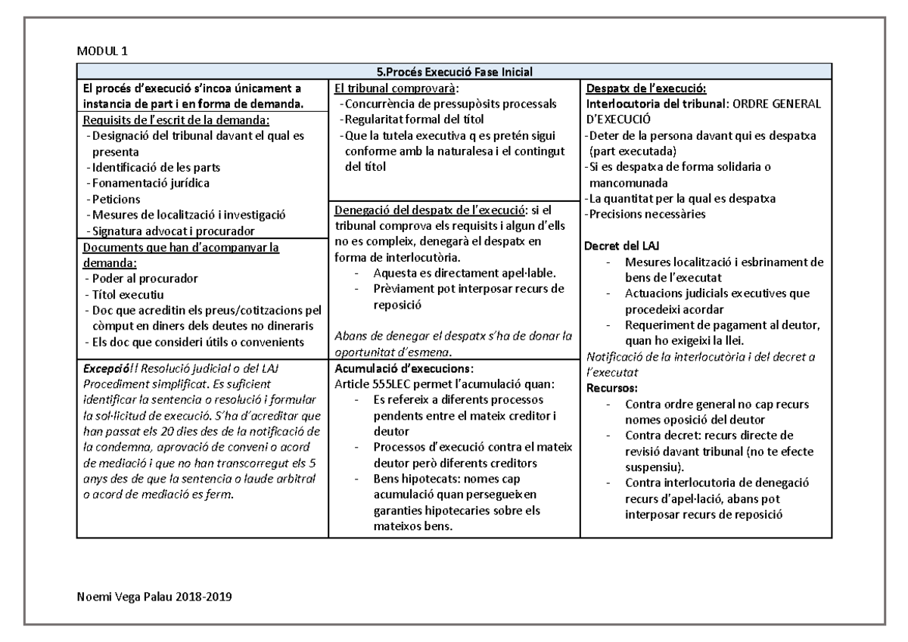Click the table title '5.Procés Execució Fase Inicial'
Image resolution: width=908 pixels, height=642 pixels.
(454, 73)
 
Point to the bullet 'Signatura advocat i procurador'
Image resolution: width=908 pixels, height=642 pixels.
(173, 231)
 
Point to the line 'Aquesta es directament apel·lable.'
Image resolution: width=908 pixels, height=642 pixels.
(465, 273)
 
